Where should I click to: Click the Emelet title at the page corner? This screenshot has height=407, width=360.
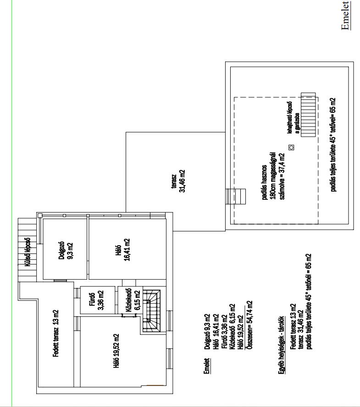346,15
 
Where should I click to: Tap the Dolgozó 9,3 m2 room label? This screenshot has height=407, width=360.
66,251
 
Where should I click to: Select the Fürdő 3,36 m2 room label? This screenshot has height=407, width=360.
97,300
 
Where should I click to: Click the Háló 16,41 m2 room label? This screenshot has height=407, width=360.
122,249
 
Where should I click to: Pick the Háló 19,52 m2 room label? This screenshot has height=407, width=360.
116,352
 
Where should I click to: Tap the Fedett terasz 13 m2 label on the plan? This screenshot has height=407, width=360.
56,333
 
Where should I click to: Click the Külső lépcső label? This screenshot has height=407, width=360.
27,252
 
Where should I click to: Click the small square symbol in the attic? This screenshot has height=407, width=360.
292,148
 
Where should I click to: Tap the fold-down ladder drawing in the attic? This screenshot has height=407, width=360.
309,115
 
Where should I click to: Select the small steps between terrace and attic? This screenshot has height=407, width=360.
236,196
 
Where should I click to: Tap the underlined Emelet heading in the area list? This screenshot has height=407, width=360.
206,366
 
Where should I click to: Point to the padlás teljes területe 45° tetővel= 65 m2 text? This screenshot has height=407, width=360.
333,144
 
